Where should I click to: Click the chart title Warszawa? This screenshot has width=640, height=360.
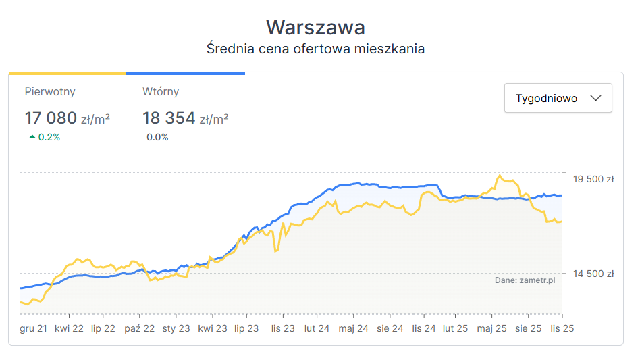click(x=315, y=28)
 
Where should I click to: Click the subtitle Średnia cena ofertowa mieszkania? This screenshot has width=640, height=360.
click(x=315, y=49)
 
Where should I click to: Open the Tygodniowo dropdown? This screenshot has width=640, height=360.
click(x=558, y=98)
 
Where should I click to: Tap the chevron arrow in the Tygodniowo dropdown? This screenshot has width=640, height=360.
click(x=595, y=98)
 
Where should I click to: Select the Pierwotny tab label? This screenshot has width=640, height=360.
click(x=50, y=91)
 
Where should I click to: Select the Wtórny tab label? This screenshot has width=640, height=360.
click(x=161, y=91)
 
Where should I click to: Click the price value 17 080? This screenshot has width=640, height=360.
click(x=51, y=118)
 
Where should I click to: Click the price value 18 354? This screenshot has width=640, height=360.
click(x=168, y=118)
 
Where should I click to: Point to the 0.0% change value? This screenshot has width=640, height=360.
click(x=157, y=137)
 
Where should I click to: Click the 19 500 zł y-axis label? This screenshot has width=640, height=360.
click(x=593, y=179)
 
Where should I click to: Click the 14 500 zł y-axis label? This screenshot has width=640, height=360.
click(x=593, y=274)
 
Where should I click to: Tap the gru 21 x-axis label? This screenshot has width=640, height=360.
click(x=33, y=328)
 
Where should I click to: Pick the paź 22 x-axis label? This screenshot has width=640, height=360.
click(x=140, y=328)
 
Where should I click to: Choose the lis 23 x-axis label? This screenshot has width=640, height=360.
click(x=282, y=328)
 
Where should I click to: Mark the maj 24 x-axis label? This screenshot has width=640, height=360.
click(x=354, y=328)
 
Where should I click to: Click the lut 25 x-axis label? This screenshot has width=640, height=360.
click(x=455, y=328)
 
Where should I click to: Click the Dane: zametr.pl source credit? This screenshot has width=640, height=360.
click(x=525, y=280)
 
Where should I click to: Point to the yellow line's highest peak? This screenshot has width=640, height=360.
click(x=500, y=176)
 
